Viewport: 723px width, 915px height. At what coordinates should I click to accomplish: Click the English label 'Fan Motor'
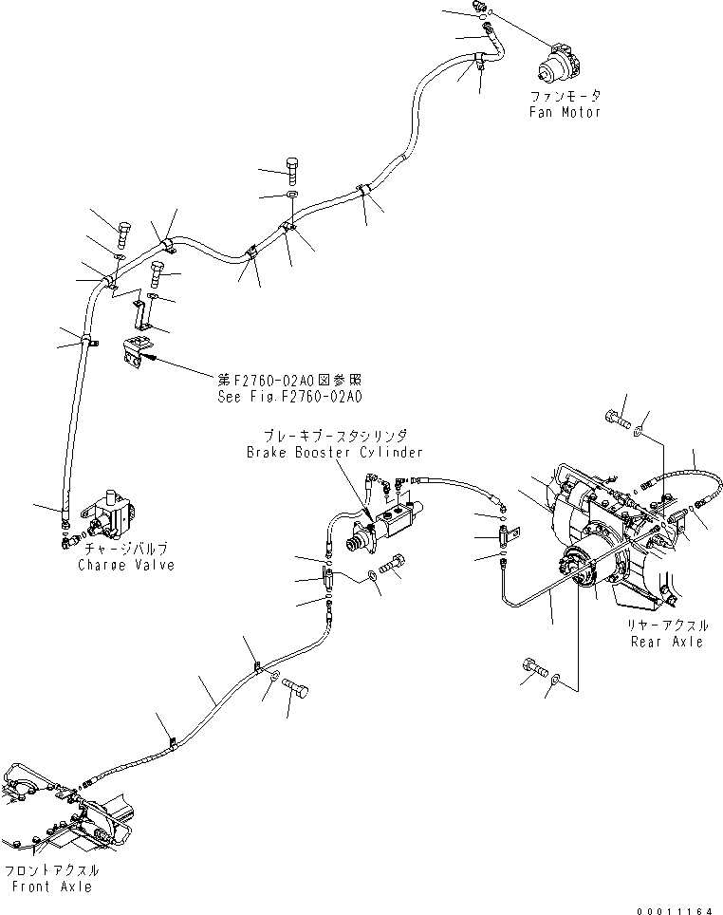[565, 112]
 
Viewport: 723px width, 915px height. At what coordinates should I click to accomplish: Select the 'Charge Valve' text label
[126, 565]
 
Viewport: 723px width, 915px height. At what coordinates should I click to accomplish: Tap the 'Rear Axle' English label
[668, 642]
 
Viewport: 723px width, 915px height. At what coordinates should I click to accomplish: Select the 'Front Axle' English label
[53, 886]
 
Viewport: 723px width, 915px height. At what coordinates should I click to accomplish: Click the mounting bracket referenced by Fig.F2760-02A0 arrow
[137, 351]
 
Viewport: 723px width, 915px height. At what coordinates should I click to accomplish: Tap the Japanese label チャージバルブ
[126, 551]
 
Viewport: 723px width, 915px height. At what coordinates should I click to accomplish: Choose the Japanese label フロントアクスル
[53, 870]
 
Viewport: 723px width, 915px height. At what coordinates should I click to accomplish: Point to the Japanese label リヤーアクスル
[667, 626]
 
